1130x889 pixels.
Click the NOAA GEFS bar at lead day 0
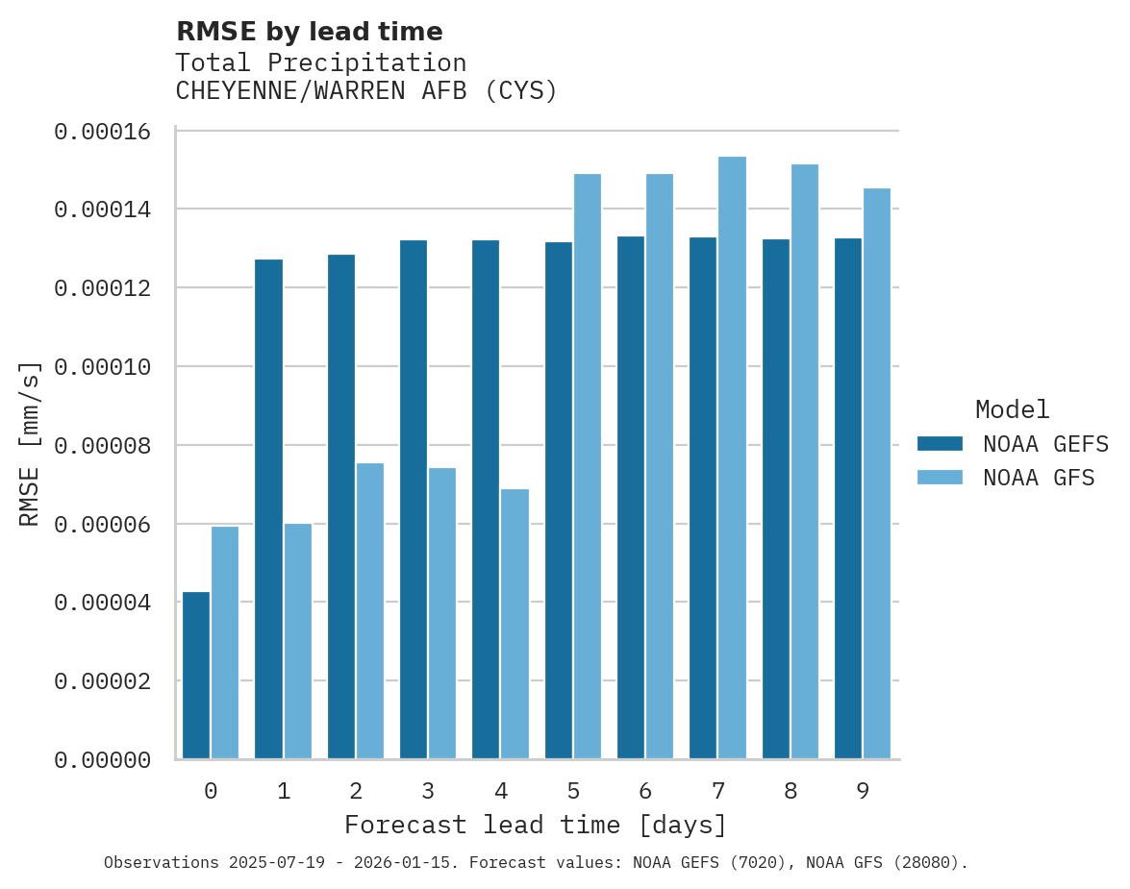pos(196,675)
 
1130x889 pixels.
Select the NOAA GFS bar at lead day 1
pos(298,641)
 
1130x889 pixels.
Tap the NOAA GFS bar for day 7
pos(733,457)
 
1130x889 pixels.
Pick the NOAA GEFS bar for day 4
pos(486,499)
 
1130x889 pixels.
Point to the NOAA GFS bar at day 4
pos(515,624)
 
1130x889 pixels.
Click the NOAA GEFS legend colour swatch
pos(940,443)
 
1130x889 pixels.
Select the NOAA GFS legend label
pos(1039,477)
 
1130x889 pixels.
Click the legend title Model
pos(1012,409)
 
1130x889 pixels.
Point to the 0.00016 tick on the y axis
pos(103,132)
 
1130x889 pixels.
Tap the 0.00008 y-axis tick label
pos(103,446)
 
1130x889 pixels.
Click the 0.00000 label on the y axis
pos(103,760)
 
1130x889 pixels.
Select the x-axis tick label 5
pos(573,791)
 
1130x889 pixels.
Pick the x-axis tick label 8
pos(791,791)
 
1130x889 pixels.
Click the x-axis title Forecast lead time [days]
pos(536,825)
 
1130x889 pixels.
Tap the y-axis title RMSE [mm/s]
pos(31,444)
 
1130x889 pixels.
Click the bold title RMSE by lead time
pos(310,32)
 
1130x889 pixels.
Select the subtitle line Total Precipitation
pos(321,62)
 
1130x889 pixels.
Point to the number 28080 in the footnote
pos(923,863)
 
